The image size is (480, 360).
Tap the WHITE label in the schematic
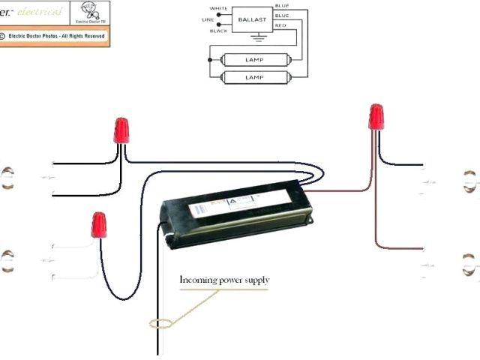[218, 9]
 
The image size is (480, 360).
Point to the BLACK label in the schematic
[218, 31]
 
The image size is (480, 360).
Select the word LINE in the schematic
[209, 19]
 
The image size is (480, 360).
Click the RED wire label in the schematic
[281, 25]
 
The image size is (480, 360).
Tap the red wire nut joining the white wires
[98, 225]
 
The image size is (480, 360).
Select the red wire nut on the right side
[376, 118]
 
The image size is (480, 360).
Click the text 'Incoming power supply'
[224, 280]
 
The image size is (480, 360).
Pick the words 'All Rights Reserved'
[82, 35]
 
